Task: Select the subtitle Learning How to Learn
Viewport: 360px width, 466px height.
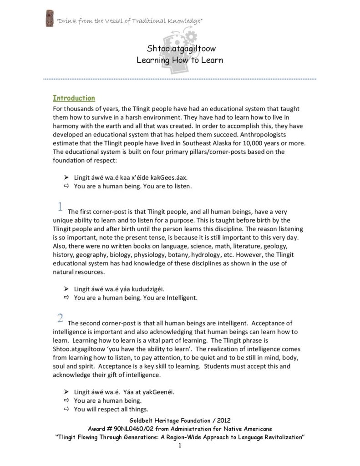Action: tap(180, 60)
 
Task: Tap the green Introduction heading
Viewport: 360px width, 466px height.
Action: tap(74, 98)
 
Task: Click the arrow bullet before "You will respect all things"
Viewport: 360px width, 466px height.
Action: tap(66, 409)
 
